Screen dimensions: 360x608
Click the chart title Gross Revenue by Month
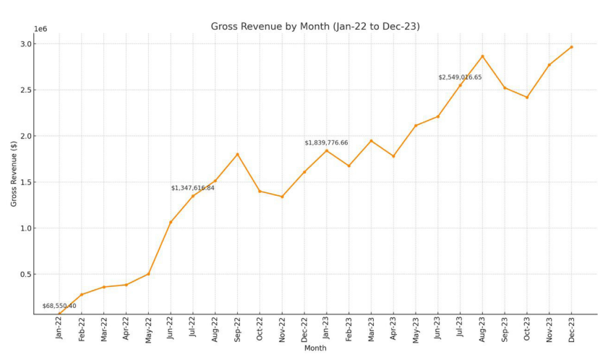point(315,27)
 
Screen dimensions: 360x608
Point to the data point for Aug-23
point(482,56)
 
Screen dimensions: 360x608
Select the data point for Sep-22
point(237,154)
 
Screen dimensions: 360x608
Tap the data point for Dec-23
point(571,47)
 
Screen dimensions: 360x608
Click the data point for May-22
point(148,274)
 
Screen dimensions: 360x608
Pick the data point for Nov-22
point(282,197)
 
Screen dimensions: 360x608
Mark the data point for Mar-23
point(371,141)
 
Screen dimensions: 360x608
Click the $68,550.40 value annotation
point(59,306)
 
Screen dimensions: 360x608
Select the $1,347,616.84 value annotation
point(192,188)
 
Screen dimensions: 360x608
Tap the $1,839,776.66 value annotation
point(326,142)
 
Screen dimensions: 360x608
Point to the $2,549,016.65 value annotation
point(460,77)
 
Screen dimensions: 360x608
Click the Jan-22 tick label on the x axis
point(59,328)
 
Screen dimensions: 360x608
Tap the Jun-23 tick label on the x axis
point(437,328)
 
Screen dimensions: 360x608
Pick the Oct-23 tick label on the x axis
point(527,328)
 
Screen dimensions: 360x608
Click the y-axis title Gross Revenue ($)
point(14,173)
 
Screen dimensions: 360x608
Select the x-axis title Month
point(315,348)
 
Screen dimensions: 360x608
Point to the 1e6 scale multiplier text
point(41,29)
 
